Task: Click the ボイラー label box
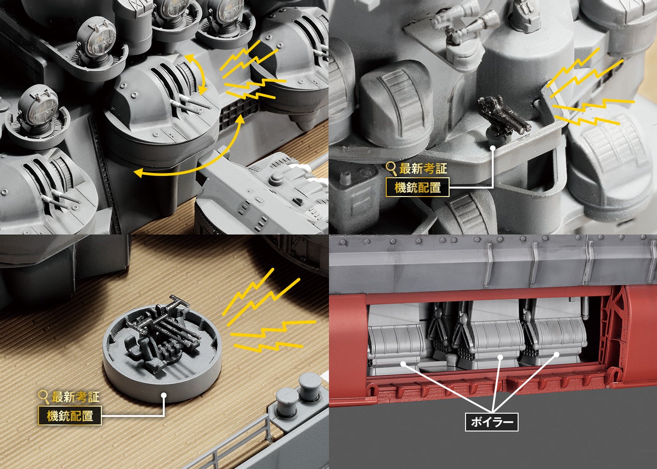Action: (492, 422)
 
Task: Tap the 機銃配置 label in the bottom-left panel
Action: (70, 416)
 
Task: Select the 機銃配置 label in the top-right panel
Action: (417, 187)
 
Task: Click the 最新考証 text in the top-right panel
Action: (423, 169)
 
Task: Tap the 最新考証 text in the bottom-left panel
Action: (76, 397)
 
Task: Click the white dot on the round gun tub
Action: (164, 395)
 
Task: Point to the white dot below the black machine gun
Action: (493, 148)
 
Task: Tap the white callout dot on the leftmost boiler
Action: (403, 364)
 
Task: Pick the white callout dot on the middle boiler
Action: (500, 357)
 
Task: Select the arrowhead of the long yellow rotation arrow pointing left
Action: (139, 173)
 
